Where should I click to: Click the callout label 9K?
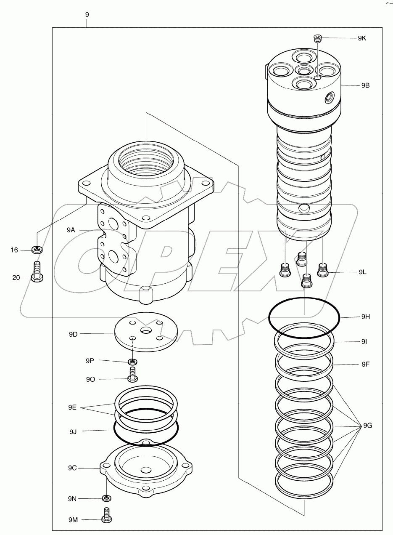tap(362, 38)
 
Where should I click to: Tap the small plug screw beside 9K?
tap(318, 39)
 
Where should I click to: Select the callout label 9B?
tap(365, 85)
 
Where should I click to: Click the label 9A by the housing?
tap(71, 230)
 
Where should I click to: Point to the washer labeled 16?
tap(37, 250)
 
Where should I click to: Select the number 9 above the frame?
tap(87, 14)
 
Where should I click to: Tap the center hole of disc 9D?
tap(146, 331)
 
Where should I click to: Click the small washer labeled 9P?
tap(133, 362)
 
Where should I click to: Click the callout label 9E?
tap(73, 407)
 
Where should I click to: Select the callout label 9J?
tap(73, 431)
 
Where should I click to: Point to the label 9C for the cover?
tap(73, 468)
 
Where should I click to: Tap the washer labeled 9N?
tap(107, 498)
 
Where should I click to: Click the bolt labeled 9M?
tap(107, 515)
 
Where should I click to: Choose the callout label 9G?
tap(367, 426)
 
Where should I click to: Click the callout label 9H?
tap(365, 317)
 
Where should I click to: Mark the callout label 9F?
tap(365, 364)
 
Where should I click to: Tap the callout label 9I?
tap(364, 342)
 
